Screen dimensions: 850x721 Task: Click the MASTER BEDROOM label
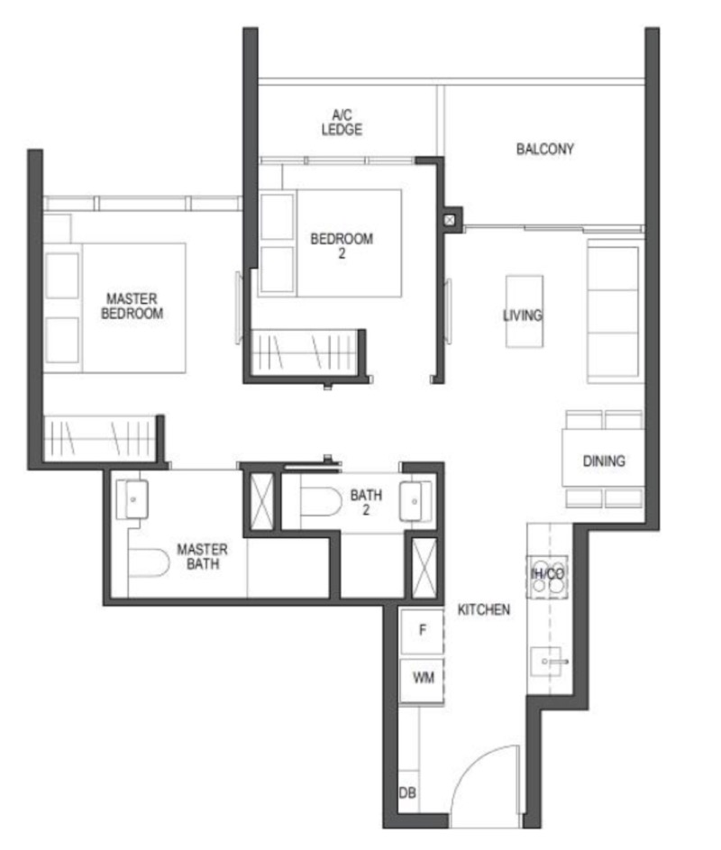tap(134, 306)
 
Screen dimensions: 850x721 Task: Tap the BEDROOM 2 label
tap(342, 246)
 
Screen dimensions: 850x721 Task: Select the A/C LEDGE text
tap(342, 123)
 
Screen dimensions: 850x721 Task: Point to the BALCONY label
tap(544, 150)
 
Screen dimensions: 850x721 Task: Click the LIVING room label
tap(522, 315)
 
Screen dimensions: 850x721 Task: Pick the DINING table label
tap(603, 462)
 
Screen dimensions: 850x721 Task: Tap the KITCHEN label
tap(484, 610)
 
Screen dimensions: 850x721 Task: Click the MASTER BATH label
tap(202, 557)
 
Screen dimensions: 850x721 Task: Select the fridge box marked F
tap(422, 632)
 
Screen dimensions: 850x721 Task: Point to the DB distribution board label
tap(407, 793)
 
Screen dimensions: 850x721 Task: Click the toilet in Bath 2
tap(319, 501)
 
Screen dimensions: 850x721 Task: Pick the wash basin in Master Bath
tap(133, 498)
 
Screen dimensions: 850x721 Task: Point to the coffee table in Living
tap(524, 311)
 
